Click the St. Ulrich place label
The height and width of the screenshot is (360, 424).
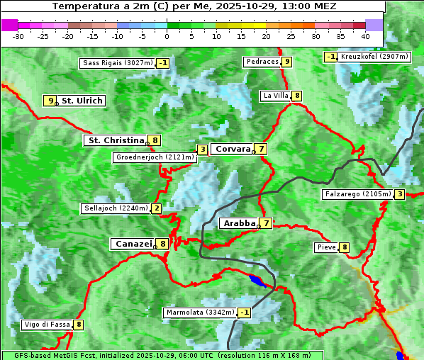[x=82, y=101]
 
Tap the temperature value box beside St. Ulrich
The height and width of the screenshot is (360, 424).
[x=50, y=101]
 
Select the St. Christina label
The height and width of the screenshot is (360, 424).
[x=116, y=140]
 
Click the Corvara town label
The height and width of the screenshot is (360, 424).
[x=233, y=149]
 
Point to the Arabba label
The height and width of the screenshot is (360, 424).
[x=239, y=223]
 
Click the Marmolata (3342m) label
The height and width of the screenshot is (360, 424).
[x=200, y=313]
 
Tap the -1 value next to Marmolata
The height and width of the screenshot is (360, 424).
[x=245, y=313]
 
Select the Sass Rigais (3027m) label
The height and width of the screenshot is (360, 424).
[x=117, y=63]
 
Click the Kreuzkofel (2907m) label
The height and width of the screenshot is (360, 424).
[x=374, y=57]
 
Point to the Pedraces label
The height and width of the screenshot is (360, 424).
[x=262, y=62]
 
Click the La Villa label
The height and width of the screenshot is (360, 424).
[x=275, y=96]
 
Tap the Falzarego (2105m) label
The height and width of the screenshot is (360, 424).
[x=357, y=194]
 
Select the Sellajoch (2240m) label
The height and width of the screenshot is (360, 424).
[x=115, y=208]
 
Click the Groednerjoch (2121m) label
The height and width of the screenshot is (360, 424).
[x=155, y=157]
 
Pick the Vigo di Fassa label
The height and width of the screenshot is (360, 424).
[x=47, y=325]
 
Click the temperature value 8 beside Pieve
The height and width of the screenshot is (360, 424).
[x=345, y=247]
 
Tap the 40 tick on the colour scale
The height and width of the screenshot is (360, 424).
[x=365, y=36]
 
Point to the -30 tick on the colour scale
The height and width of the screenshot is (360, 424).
[x=18, y=36]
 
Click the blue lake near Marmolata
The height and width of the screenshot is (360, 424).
[x=257, y=281]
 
